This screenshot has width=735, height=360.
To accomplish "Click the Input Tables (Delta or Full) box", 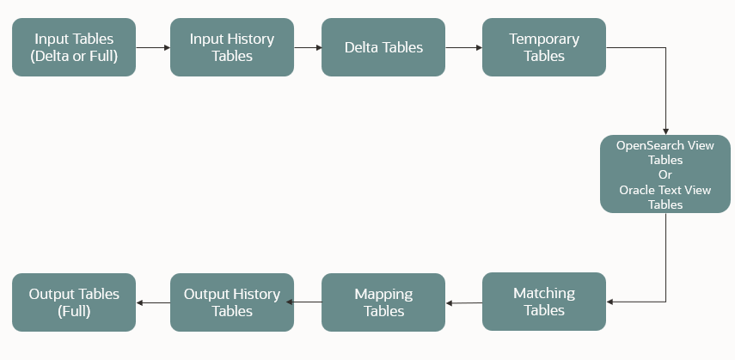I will coord(74,47).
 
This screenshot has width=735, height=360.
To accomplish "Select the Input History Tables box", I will coord(232,47).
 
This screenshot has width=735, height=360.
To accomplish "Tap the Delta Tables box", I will coord(383,47).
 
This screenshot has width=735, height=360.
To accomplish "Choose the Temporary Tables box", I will coord(544,47).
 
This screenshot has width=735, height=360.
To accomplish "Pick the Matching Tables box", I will coord(544,302).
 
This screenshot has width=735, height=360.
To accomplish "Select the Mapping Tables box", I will coord(383,302).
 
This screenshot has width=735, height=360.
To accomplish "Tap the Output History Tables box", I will coord(232,302).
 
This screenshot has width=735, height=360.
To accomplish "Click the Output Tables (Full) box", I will coord(74,302).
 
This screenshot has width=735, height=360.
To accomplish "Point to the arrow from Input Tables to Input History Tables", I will coord(153,48).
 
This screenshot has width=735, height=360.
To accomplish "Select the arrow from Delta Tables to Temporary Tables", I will coord(464,48).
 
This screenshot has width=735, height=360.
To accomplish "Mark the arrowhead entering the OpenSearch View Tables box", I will coord(665,131).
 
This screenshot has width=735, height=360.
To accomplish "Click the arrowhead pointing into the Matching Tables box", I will coord(611,302).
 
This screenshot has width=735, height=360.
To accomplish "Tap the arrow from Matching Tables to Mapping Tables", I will coord(464,302).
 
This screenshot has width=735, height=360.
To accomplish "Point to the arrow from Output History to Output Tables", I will coord(153,302).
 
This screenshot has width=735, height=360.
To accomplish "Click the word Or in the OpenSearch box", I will coord(665,174).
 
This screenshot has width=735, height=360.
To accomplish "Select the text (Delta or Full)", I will coord(74,57).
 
